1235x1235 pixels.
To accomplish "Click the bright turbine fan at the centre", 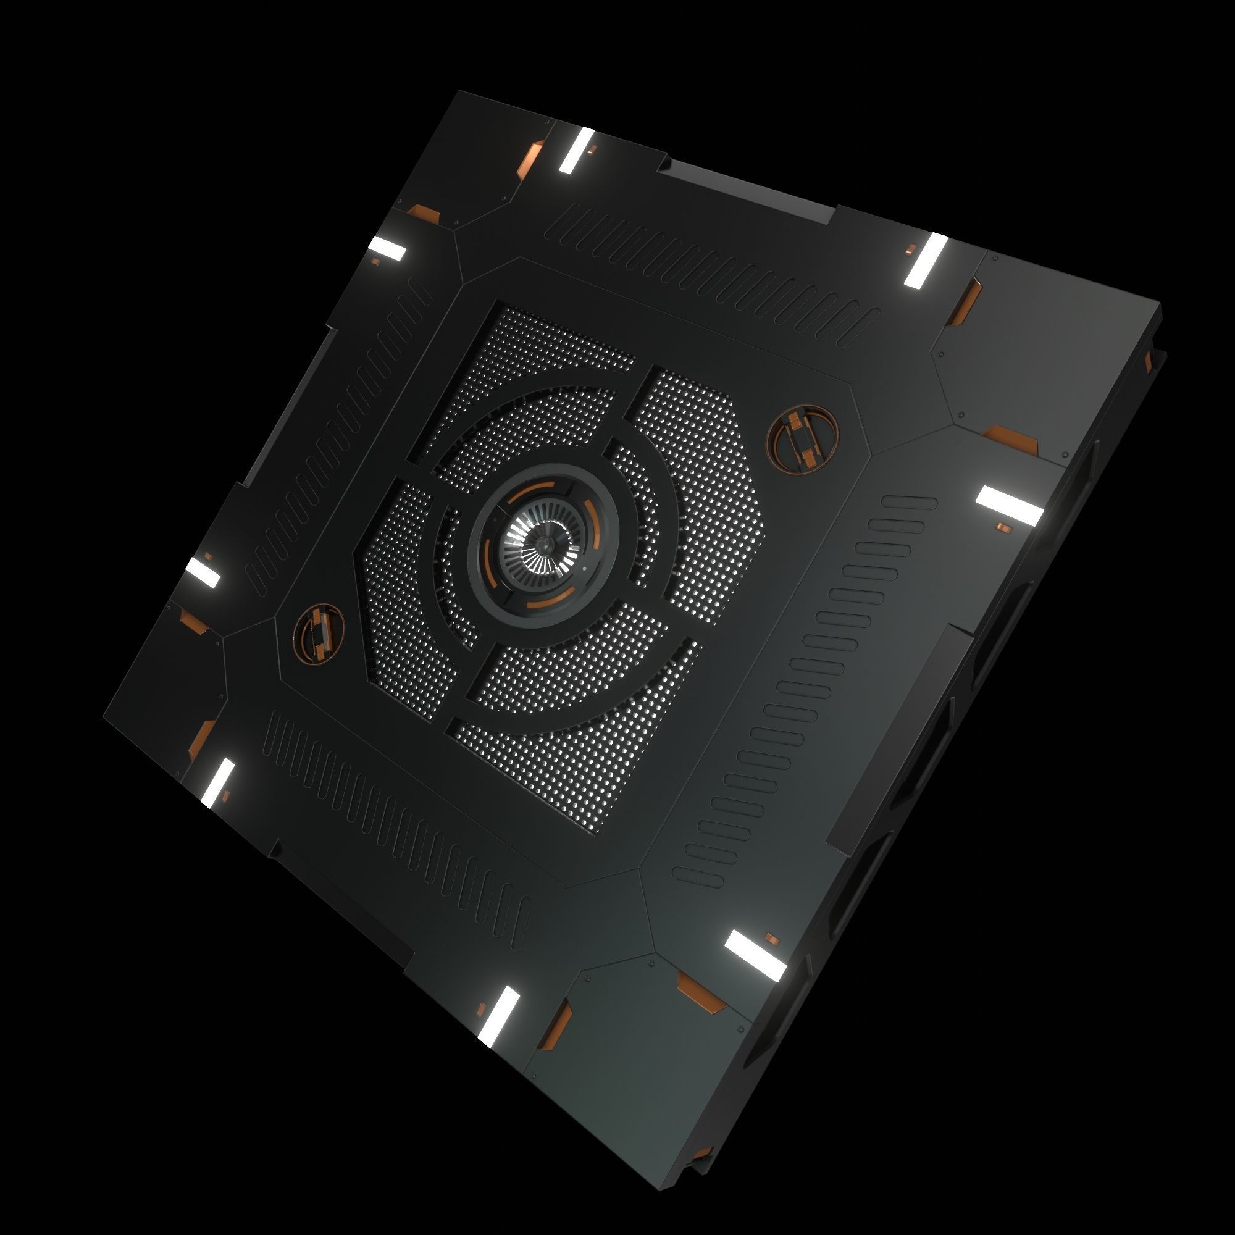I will pyautogui.click(x=543, y=545).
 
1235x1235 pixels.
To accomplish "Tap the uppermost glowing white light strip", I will pyautogui.click(x=577, y=150).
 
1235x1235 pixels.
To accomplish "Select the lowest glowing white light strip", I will pyautogui.click(x=499, y=1016).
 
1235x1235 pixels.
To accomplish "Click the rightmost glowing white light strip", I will pyautogui.click(x=1010, y=505).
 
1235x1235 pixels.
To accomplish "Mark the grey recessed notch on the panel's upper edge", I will pyautogui.click(x=748, y=190).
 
